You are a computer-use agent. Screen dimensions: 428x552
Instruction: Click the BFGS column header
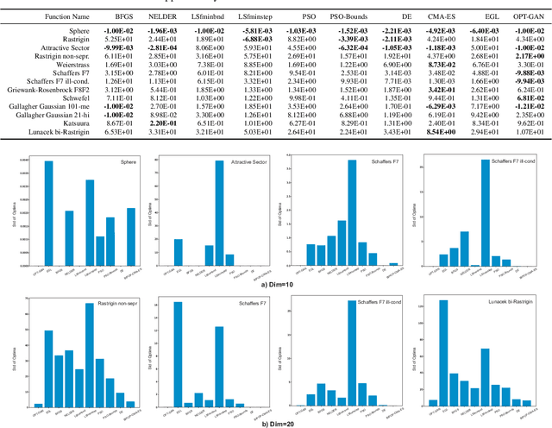(x=119, y=16)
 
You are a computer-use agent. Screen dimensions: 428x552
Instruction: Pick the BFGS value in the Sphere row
(x=119, y=30)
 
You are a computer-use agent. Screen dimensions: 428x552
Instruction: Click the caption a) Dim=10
(x=276, y=281)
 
